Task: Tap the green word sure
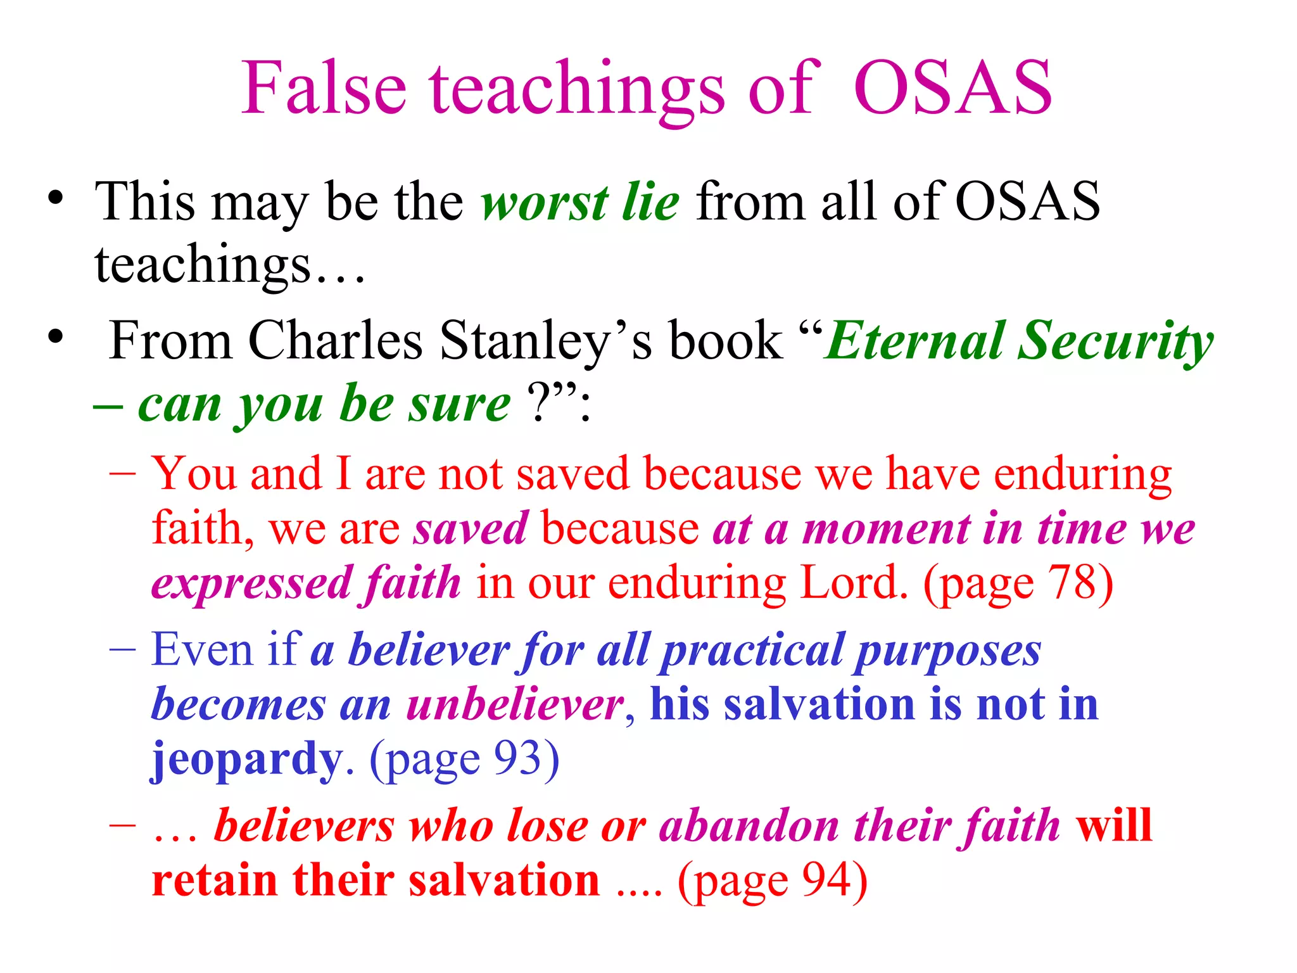pos(459,404)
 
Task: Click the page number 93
pos(517,758)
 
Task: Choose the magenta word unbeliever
pos(515,704)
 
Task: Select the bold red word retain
pos(215,881)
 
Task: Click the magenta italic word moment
pos(887,529)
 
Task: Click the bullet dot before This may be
pos(56,198)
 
